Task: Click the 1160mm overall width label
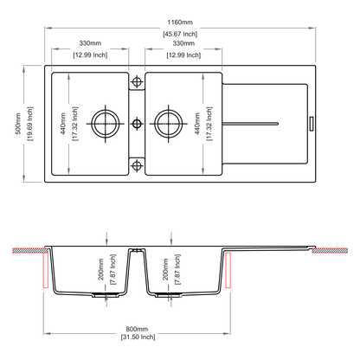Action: tap(180, 22)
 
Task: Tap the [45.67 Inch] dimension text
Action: tap(180, 34)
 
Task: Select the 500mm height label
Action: tap(18, 124)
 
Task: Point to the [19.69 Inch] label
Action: tap(30, 124)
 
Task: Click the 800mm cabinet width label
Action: tap(137, 329)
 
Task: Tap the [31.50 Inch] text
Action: tap(138, 337)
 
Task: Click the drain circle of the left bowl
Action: tap(106, 124)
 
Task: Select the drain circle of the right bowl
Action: tap(169, 124)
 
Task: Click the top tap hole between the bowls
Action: tap(137, 81)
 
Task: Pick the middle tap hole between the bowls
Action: tap(137, 124)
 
